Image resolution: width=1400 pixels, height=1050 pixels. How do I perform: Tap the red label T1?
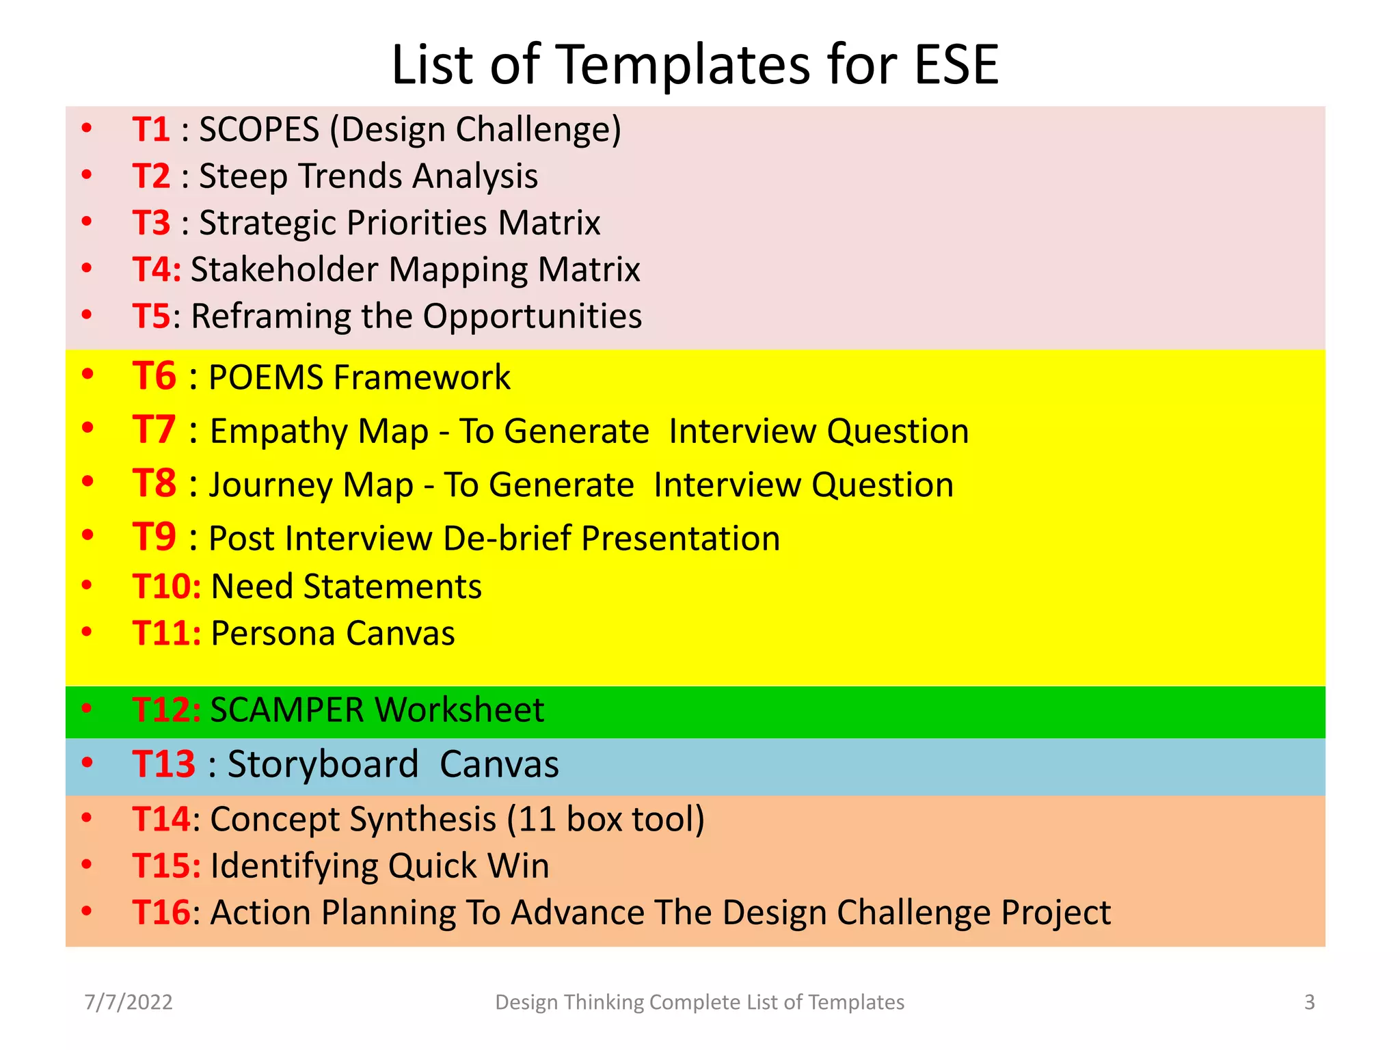click(x=151, y=129)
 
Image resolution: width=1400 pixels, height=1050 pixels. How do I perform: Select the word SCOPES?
click(x=259, y=129)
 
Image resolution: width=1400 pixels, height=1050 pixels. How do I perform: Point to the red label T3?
click(x=151, y=223)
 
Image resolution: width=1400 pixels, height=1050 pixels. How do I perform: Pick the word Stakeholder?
click(x=284, y=269)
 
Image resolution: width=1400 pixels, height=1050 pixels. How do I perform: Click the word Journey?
click(x=271, y=485)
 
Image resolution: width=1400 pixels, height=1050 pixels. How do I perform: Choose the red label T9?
click(x=154, y=537)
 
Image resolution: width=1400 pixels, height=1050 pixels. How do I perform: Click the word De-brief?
click(x=507, y=539)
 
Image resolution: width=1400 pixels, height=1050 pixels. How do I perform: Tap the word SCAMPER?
click(x=288, y=710)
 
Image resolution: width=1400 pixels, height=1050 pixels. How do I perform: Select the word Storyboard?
click(x=323, y=764)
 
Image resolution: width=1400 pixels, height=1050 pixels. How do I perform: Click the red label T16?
click(x=161, y=913)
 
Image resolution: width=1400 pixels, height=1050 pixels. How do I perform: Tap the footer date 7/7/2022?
click(x=129, y=1002)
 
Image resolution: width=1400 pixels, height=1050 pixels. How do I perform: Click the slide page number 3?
click(x=1309, y=1002)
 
